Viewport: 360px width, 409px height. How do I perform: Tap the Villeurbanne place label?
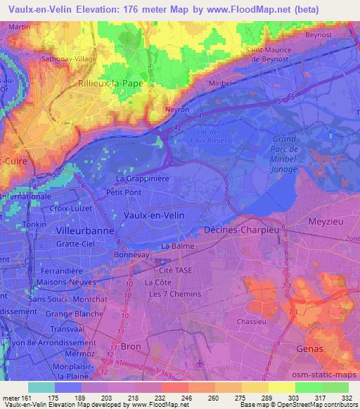[82, 229]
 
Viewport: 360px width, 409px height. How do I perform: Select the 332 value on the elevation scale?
[346, 398]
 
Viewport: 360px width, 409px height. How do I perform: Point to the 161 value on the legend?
[26, 398]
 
